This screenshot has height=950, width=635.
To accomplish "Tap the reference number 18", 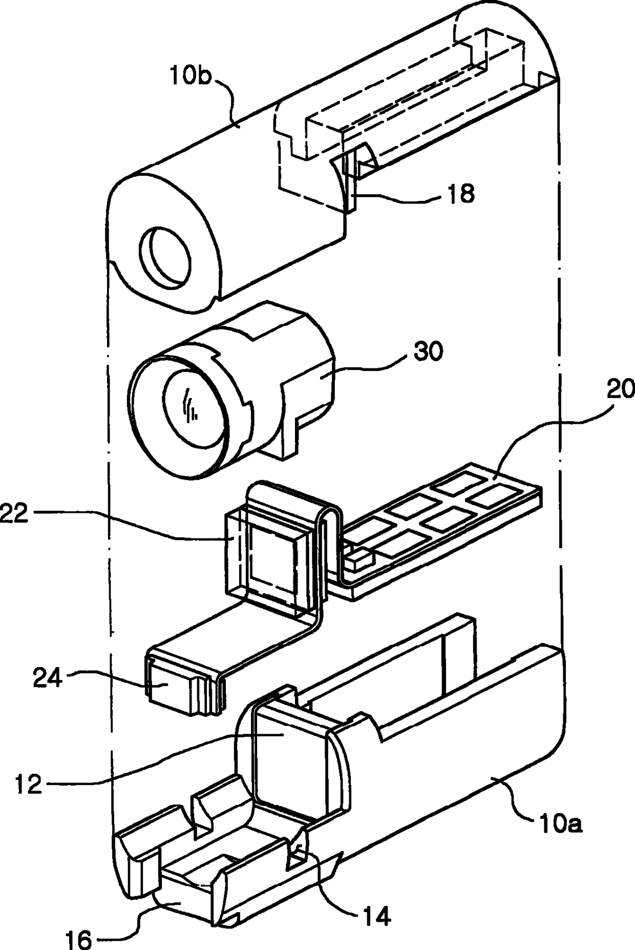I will click(461, 194).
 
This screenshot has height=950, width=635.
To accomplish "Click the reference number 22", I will click(14, 513).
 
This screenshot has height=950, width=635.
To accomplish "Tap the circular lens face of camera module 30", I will click(191, 407).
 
